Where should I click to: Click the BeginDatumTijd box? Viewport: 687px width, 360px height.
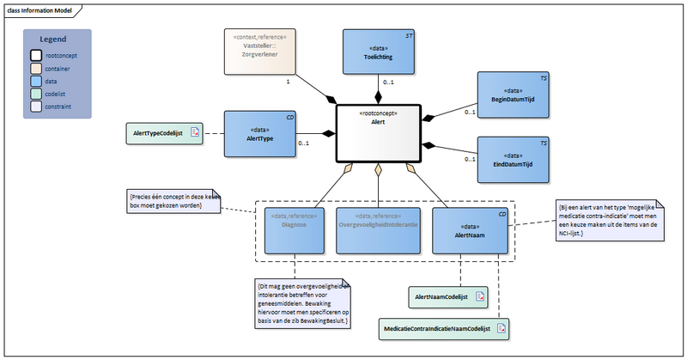pos(514,96)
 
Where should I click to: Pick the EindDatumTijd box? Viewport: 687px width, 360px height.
pos(514,160)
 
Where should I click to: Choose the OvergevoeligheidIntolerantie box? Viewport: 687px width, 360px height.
pos(378,229)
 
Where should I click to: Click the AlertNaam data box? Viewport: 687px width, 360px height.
pos(464,229)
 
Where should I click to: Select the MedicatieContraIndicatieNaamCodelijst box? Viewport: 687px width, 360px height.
pos(443,327)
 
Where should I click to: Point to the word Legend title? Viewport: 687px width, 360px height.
pos(53,40)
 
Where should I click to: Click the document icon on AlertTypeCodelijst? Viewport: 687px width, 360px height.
pos(195,133)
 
